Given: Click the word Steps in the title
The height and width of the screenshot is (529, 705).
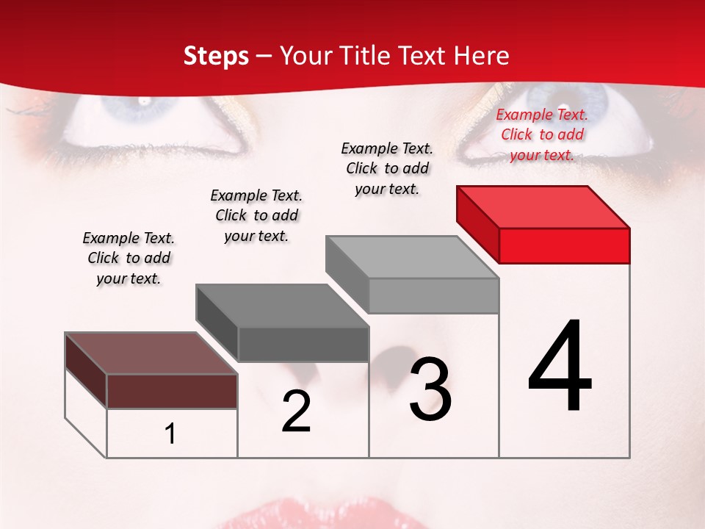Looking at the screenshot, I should tap(216, 56).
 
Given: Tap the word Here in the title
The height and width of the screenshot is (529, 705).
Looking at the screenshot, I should tap(478, 56).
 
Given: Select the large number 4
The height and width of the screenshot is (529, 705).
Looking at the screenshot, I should tap(560, 367).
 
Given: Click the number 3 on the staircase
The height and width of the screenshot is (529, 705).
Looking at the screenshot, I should tap(430, 389).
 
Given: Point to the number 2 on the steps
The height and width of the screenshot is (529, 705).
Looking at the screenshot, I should tap(296, 411).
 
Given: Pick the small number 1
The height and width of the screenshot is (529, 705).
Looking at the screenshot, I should tap(170, 433).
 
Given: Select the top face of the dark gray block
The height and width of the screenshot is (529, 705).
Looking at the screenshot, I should tap(282, 306).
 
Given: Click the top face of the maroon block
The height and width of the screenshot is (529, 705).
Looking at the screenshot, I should tap(151, 353).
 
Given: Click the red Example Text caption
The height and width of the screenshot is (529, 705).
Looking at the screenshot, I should tap(542, 134).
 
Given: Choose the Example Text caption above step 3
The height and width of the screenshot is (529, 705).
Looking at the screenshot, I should tap(387, 168).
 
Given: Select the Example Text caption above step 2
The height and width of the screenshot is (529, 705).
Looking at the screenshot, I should tap(256, 215).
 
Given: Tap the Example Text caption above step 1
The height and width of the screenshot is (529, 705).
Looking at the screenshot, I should tap(129, 258).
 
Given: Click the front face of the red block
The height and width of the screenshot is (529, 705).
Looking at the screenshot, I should tap(564, 245).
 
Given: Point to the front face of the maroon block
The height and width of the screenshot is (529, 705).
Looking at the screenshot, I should tap(172, 391).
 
